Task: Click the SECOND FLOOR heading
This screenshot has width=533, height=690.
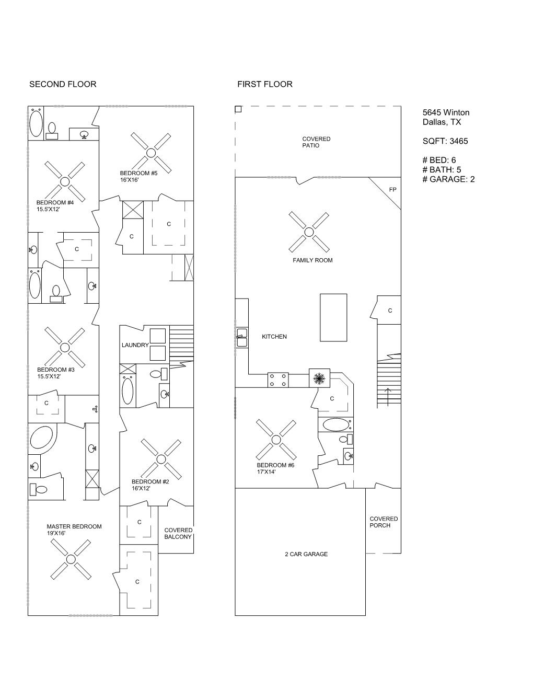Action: pyautogui.click(x=63, y=84)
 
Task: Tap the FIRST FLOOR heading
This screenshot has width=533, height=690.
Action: pyautogui.click(x=265, y=84)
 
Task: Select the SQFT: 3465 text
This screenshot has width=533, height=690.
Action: pyautogui.click(x=445, y=141)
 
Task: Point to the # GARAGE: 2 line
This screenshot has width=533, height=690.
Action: pyautogui.click(x=448, y=179)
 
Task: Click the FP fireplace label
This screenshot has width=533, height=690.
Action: pyautogui.click(x=392, y=190)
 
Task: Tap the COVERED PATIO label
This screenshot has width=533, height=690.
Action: pyautogui.click(x=316, y=142)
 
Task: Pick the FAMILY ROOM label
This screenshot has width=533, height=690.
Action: pyautogui.click(x=312, y=260)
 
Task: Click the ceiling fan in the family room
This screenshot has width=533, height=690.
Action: pyautogui.click(x=309, y=232)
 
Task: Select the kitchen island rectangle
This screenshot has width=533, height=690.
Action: pyautogui.click(x=333, y=317)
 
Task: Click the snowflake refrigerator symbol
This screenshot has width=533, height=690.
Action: pyautogui.click(x=319, y=378)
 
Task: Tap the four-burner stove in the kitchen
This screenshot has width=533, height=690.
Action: pyautogui.click(x=278, y=380)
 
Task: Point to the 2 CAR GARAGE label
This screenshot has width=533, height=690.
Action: pyautogui.click(x=306, y=554)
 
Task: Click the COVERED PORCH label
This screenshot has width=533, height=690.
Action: pyautogui.click(x=384, y=522)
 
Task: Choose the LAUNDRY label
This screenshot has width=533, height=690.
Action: pyautogui.click(x=135, y=345)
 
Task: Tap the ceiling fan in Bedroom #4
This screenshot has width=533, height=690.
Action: pyautogui.click(x=65, y=181)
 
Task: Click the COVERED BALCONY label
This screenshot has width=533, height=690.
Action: pyautogui.click(x=178, y=534)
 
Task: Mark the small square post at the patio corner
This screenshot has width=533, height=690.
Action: pyautogui.click(x=238, y=109)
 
